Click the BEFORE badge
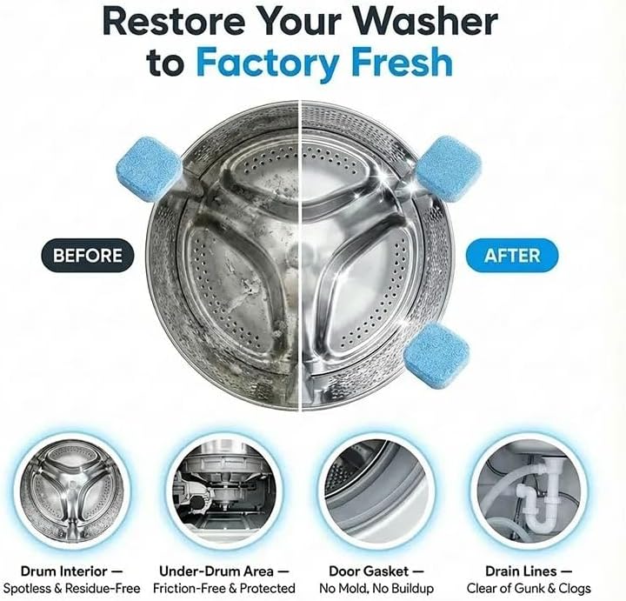pyautogui.click(x=88, y=256)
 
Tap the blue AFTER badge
pyautogui.click(x=512, y=256)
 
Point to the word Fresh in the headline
pyautogui.click(x=401, y=61)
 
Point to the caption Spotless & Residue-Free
pyautogui.click(x=72, y=588)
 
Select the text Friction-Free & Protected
pyautogui.click(x=224, y=588)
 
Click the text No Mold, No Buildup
pyautogui.click(x=376, y=588)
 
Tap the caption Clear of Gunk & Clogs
pyautogui.click(x=529, y=588)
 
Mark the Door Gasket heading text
pyautogui.click(x=369, y=571)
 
